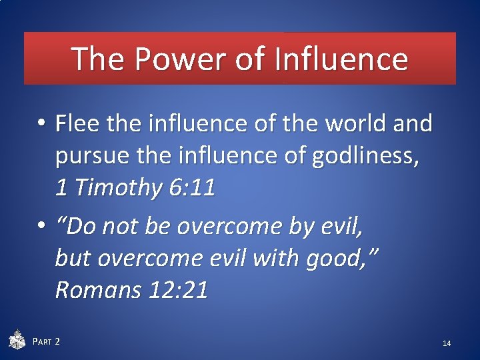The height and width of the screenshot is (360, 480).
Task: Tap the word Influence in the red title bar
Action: [x=341, y=59]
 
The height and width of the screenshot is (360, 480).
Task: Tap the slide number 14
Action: [x=447, y=343]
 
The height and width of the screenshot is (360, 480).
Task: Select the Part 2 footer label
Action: [x=47, y=342]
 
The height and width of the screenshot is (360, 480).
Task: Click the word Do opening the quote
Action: [x=79, y=227]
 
